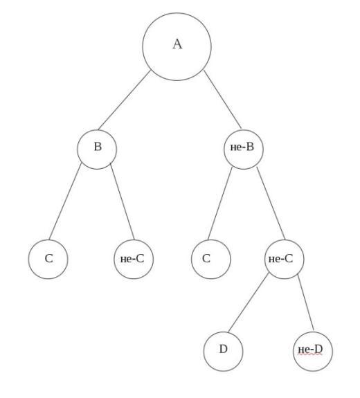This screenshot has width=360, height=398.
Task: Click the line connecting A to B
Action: (125, 100)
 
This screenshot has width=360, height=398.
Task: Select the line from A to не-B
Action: (222, 99)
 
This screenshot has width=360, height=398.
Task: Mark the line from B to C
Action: (65, 201)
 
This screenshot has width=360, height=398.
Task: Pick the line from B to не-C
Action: (123, 202)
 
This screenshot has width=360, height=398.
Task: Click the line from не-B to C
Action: (220, 203)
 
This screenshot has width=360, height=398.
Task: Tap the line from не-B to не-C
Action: (271, 203)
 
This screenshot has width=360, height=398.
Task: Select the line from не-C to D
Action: (249, 302)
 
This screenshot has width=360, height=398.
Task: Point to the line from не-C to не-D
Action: (306, 302)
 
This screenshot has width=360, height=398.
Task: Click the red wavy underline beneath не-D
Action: (310, 354)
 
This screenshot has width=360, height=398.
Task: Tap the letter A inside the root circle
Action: (177, 44)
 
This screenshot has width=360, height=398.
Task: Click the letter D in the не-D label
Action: (318, 349)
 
